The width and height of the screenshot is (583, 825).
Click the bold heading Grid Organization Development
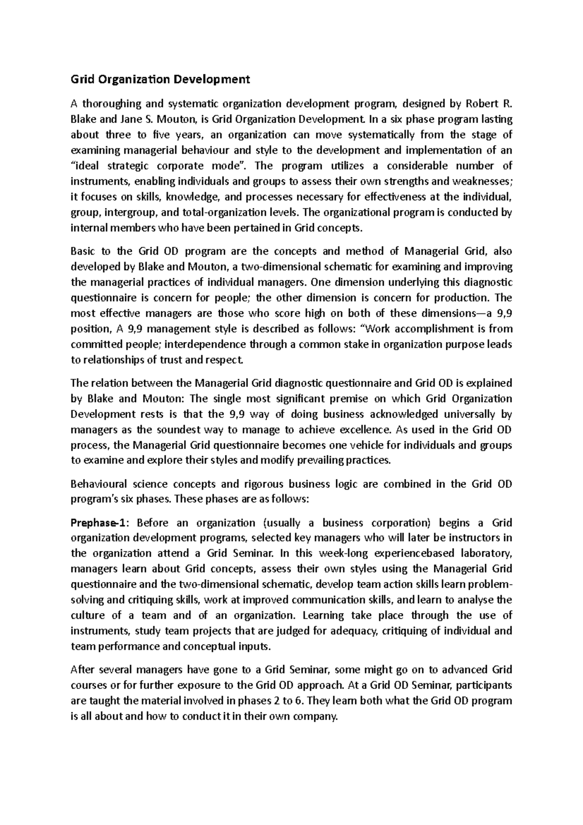(x=160, y=79)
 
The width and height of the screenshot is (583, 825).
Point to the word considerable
(x=420, y=166)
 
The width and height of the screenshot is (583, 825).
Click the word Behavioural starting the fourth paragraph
(x=99, y=484)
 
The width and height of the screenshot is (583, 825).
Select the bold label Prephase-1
(x=100, y=523)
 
